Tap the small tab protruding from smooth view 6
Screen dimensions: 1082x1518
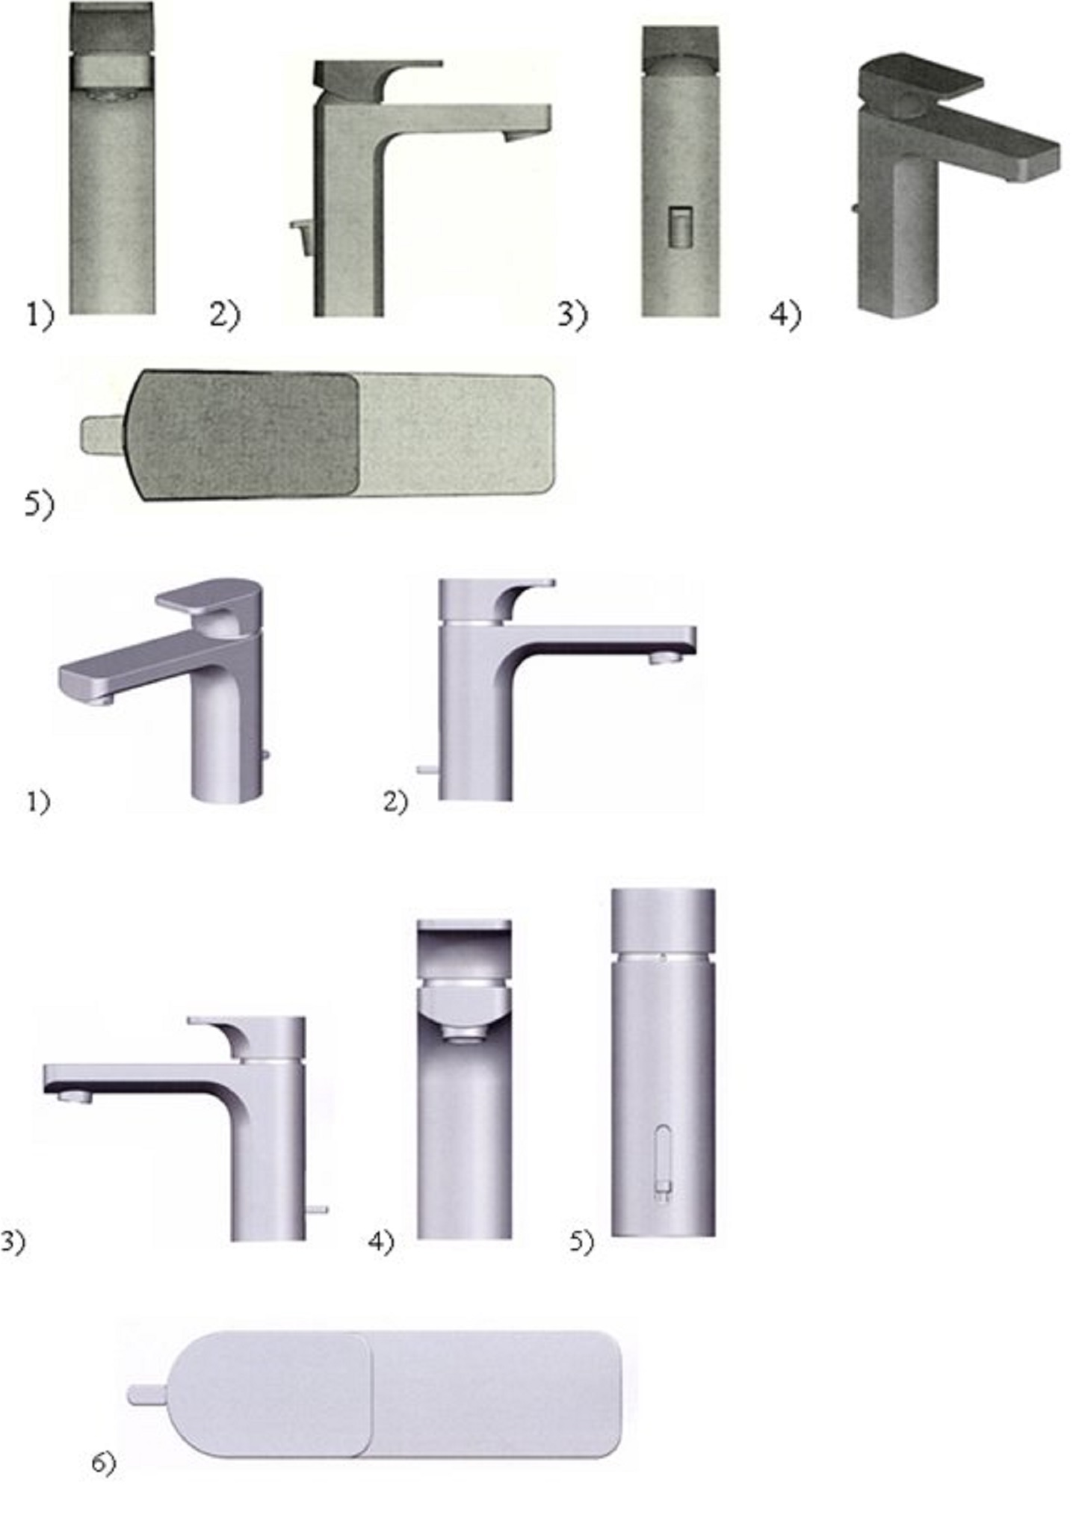[148, 1394]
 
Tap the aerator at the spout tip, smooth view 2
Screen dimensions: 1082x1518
[666, 657]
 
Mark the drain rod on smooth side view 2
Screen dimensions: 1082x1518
[427, 768]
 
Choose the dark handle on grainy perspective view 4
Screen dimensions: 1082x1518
[919, 82]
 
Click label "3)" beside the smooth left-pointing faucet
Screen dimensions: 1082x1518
[12, 1242]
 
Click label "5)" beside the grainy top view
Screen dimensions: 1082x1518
[40, 505]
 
